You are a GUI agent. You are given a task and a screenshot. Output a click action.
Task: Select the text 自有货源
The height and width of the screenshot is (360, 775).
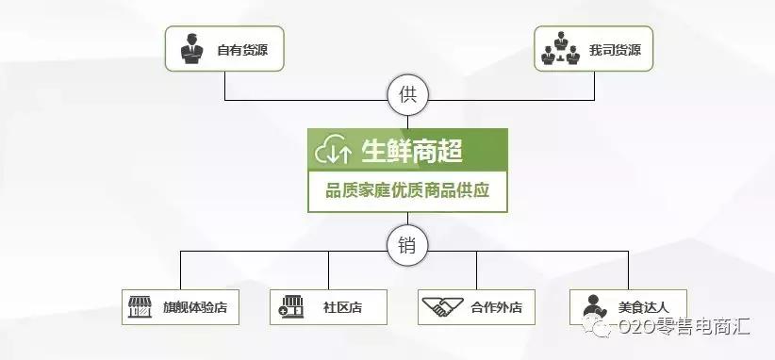242,49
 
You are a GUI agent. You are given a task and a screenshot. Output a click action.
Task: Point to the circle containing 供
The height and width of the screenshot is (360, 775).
407,94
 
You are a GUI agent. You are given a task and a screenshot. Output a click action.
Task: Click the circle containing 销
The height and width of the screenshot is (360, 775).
407,246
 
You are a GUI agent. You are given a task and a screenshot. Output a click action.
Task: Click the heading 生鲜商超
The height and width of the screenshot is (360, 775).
411,150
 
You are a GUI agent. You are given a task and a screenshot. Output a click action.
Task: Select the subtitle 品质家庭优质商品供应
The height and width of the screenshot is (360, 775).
407,191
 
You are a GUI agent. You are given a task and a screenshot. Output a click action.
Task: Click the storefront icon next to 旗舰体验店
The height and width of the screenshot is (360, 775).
140,306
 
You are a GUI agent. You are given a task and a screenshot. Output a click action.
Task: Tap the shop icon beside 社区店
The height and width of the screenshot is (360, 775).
289,306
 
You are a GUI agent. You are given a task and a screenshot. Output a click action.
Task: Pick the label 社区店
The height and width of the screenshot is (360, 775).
342,307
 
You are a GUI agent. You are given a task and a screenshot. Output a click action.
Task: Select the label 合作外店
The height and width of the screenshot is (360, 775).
497,307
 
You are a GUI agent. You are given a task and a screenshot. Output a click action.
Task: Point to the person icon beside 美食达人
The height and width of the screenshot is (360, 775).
592,306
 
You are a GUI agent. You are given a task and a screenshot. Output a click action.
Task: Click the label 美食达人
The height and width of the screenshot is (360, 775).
643,307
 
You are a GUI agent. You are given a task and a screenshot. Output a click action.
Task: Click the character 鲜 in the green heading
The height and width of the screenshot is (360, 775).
398,150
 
